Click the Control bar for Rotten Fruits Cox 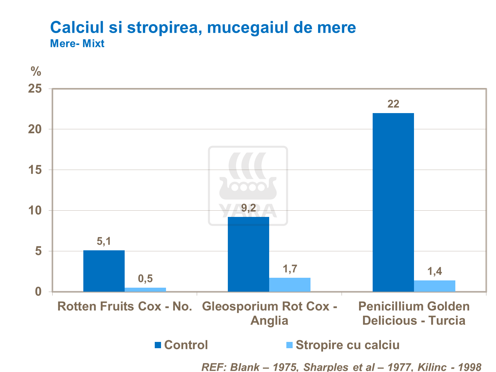(x=104, y=271)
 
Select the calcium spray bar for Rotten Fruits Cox (x=145, y=290)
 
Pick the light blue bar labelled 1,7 (x=290, y=285)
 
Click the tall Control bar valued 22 (x=393, y=202)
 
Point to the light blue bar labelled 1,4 (x=434, y=286)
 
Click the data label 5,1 (x=104, y=241)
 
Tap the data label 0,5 (x=145, y=279)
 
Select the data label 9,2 (x=248, y=208)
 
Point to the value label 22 (x=393, y=104)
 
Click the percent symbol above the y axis (x=36, y=71)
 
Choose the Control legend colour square (x=158, y=345)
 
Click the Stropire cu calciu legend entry (x=347, y=345)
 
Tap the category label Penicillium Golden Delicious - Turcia (x=414, y=313)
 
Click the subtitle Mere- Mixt (x=77, y=43)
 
